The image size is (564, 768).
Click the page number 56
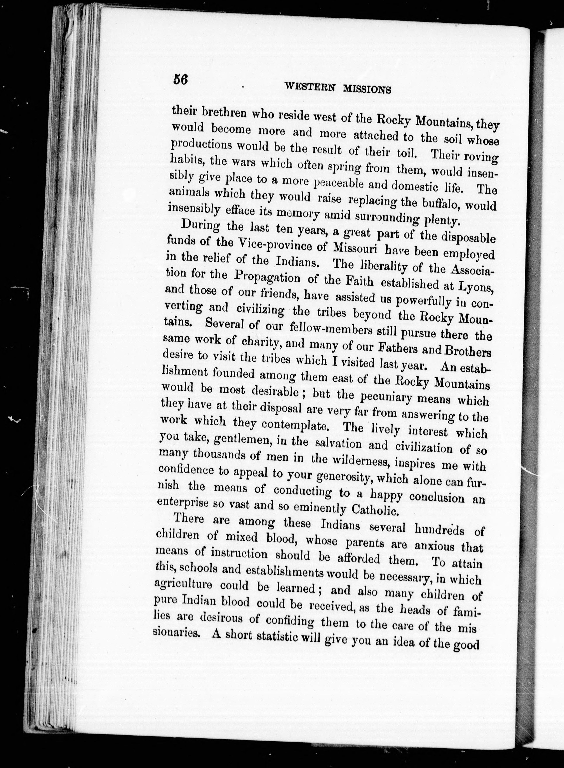pos(181,80)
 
